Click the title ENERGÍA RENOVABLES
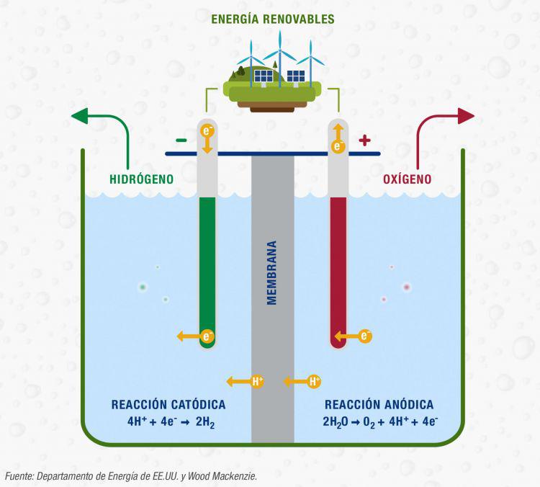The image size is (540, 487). click(x=273, y=19)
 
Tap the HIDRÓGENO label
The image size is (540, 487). click(x=142, y=179)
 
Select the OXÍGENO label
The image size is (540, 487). click(x=407, y=179)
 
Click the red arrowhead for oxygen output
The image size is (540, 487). click(x=466, y=116)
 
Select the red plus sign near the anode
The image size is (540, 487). click(x=364, y=140)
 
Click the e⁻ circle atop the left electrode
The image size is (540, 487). click(x=207, y=131)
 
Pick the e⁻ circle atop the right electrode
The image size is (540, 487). click(x=338, y=146)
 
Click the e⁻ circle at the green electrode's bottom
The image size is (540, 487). click(x=207, y=336)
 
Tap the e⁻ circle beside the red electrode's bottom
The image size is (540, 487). click(x=365, y=336)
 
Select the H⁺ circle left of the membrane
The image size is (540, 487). click(x=257, y=382)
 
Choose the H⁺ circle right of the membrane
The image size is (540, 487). click(x=314, y=382)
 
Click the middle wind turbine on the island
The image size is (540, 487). click(x=279, y=50)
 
